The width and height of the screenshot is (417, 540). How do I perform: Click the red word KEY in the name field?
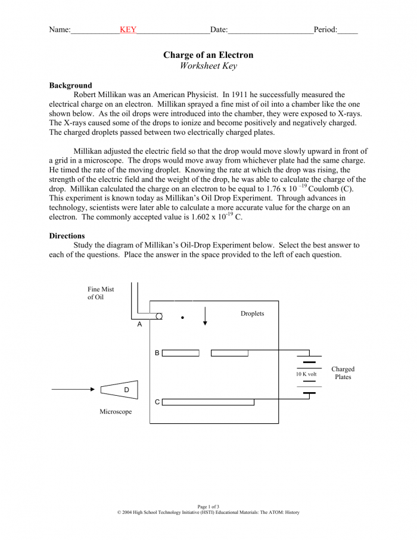click(x=128, y=29)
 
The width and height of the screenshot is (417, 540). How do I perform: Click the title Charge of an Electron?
click(x=208, y=55)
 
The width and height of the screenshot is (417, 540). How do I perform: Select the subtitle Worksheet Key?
click(x=208, y=66)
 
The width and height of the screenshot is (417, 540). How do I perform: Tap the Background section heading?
click(x=70, y=85)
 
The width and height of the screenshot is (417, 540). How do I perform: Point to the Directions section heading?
click(x=67, y=235)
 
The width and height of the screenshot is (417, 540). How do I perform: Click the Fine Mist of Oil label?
click(x=101, y=293)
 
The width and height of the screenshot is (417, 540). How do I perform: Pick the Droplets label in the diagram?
click(x=252, y=314)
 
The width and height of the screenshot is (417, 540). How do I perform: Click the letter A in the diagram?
click(x=139, y=325)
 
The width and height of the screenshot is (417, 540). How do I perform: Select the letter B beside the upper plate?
click(x=157, y=353)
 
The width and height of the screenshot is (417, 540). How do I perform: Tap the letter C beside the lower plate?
click(x=157, y=402)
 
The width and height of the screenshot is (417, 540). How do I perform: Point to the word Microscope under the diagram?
click(x=116, y=412)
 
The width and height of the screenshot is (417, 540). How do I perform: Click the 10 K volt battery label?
click(x=306, y=374)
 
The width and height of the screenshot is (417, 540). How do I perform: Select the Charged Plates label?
click(x=343, y=373)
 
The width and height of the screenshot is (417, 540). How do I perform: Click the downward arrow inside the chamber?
click(x=205, y=316)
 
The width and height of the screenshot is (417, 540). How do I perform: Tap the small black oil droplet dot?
click(x=183, y=318)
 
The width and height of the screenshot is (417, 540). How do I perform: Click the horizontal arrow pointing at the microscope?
click(x=73, y=389)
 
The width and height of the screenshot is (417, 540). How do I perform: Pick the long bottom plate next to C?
click(x=208, y=402)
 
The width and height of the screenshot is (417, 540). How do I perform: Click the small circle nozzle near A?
click(x=159, y=316)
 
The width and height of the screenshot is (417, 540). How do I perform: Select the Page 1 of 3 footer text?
click(x=208, y=507)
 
